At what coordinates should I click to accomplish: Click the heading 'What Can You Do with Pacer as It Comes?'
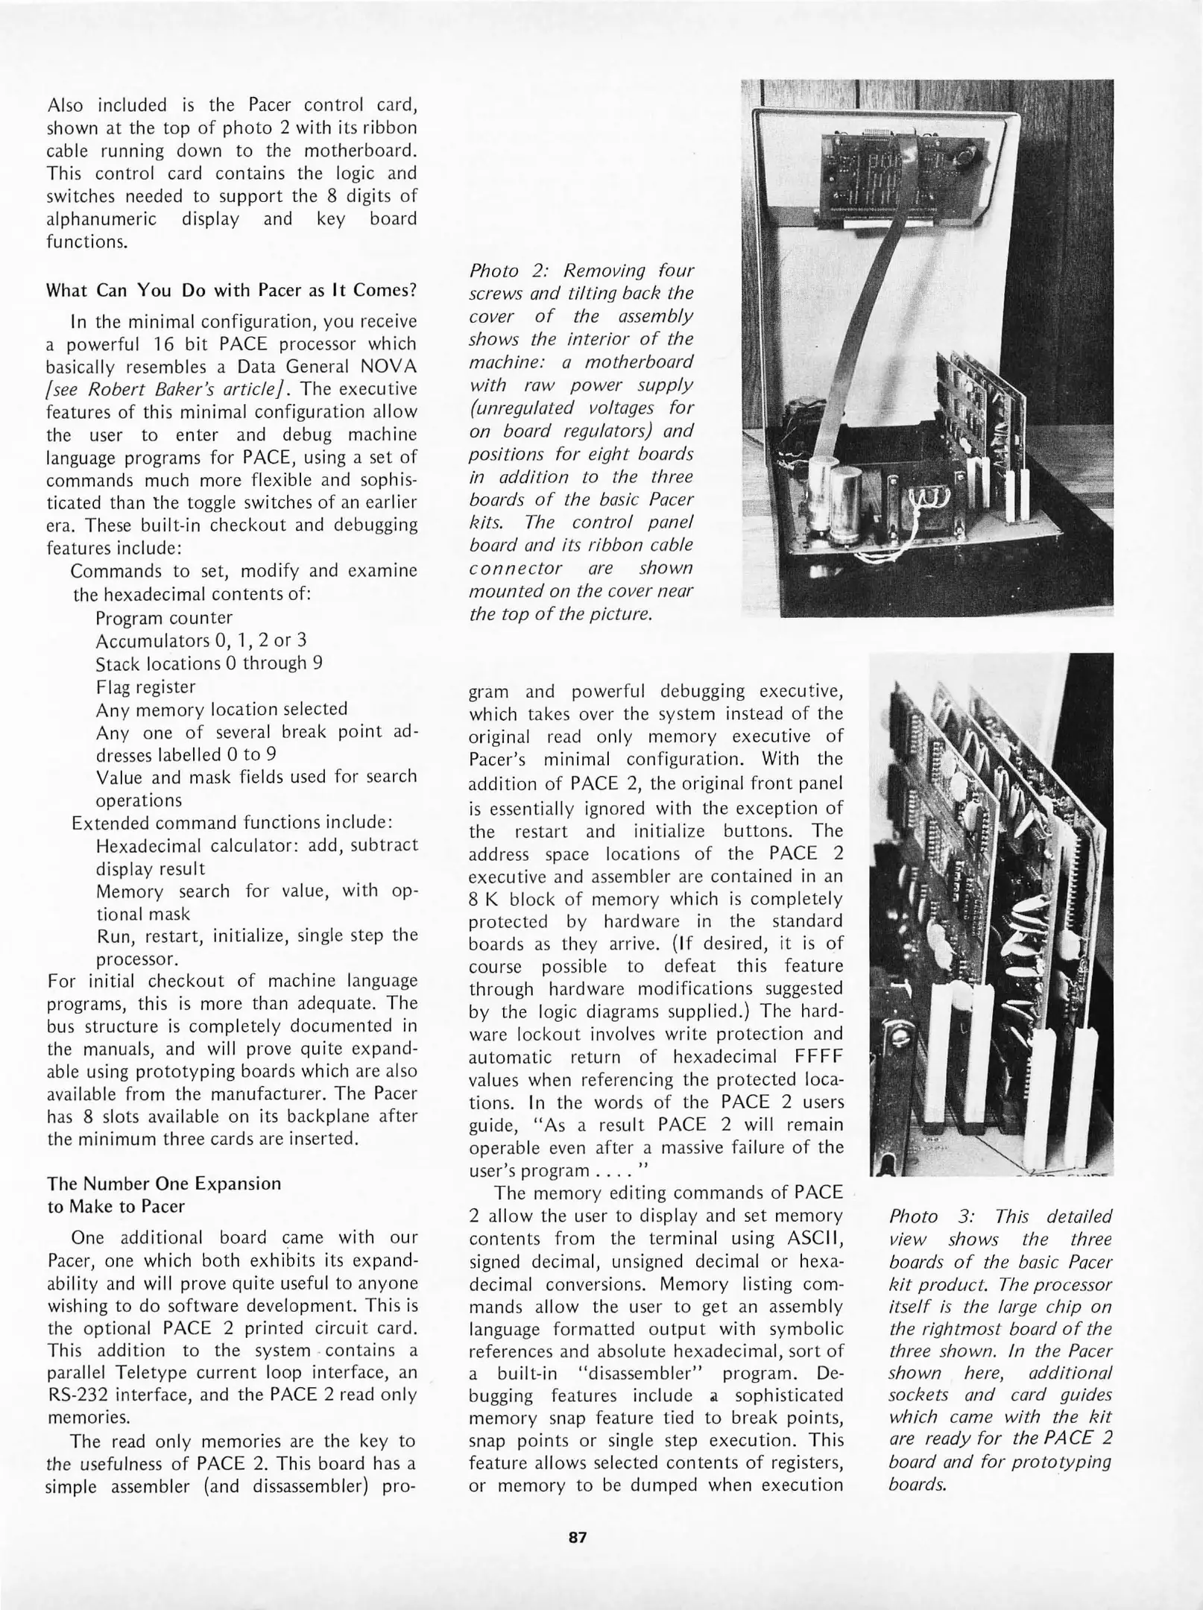tap(231, 290)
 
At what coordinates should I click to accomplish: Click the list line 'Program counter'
tap(164, 618)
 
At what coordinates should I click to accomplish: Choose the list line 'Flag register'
tap(145, 686)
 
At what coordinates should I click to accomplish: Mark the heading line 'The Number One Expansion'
tap(164, 1184)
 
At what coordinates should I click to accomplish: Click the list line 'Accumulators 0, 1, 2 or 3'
tap(201, 641)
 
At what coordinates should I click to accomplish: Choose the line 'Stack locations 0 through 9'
tap(209, 663)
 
